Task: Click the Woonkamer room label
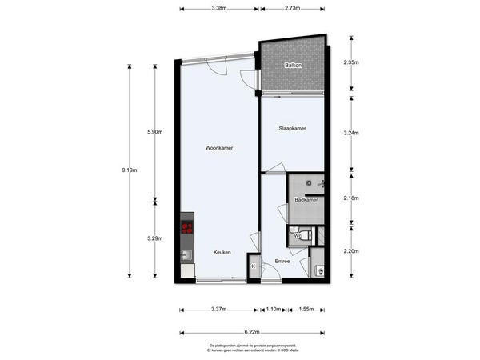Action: click(x=218, y=147)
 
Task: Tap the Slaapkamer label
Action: click(x=293, y=128)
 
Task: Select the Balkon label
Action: click(x=293, y=66)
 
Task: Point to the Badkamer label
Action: click(x=306, y=199)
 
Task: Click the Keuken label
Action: click(x=222, y=252)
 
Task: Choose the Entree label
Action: click(x=282, y=261)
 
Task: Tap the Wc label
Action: click(x=297, y=236)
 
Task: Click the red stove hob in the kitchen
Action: click(x=188, y=228)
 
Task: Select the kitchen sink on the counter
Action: click(x=187, y=256)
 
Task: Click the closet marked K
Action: click(x=254, y=266)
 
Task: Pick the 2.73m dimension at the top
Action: click(x=293, y=8)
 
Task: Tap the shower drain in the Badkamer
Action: click(x=306, y=183)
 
